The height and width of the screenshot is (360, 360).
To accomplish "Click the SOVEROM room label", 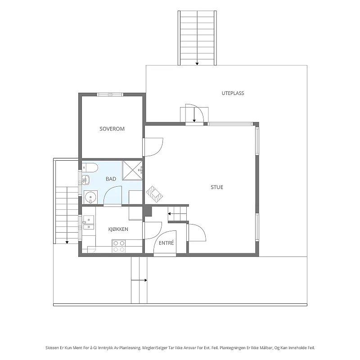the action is tap(112, 129).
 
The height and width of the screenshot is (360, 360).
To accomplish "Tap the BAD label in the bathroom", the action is tap(111, 179).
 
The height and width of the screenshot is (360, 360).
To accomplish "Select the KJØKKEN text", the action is tap(118, 229).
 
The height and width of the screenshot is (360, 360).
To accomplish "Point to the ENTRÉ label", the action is tap(166, 243).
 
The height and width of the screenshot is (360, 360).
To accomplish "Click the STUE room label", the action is tap(217, 187).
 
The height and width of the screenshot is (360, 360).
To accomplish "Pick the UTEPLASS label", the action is tap(233, 93).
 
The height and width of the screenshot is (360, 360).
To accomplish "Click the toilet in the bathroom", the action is tap(90, 167).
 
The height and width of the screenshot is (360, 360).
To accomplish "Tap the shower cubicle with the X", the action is tap(132, 171).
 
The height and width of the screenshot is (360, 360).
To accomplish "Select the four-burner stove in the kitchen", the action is tap(119, 246).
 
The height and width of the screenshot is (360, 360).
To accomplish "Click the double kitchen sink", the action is tap(88, 222).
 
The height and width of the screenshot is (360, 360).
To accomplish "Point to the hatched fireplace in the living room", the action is tap(154, 194).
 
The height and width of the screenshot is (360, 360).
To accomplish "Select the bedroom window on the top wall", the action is tap(110, 94).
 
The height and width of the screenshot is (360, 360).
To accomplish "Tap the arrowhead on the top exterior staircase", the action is tap(197, 64).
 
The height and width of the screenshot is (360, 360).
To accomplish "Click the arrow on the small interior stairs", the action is tap(177, 214).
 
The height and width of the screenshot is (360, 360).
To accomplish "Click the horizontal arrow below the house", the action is tap(139, 280).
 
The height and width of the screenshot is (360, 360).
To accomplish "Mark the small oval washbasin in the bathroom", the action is tap(85, 180).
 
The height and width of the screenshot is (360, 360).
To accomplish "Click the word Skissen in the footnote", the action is tap(52, 348).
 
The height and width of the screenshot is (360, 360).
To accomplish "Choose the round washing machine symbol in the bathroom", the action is tap(90, 197).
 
